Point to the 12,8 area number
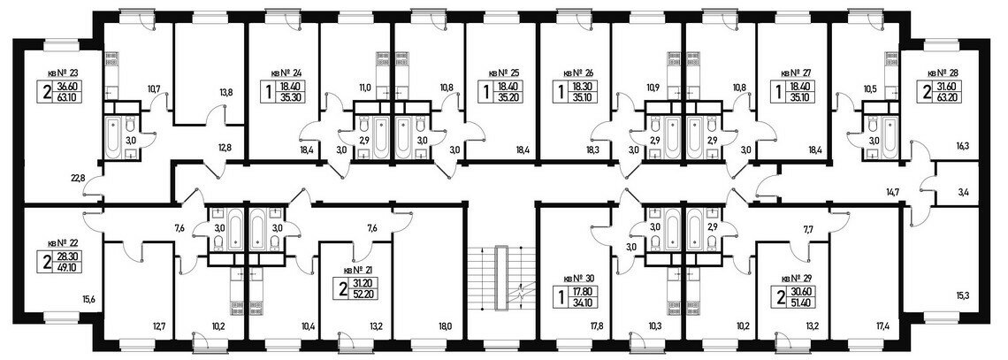click(x=226, y=147)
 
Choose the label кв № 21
click(x=358, y=271)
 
